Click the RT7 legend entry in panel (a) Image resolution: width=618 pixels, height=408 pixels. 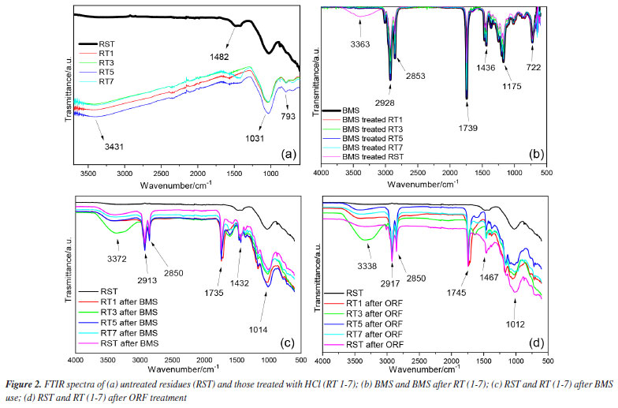(109, 81)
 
